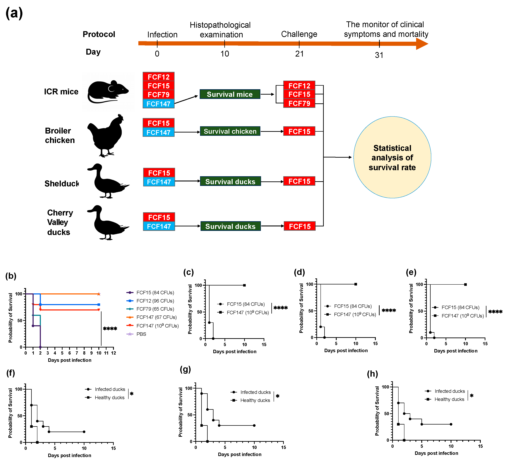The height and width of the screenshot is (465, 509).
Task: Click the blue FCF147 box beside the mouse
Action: [158, 104]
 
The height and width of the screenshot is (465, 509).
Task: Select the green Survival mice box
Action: [230, 94]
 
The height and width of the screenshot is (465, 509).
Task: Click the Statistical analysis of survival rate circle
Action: [392, 157]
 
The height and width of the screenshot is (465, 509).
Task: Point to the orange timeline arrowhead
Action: [422, 44]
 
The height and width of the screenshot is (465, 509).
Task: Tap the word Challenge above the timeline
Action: [299, 34]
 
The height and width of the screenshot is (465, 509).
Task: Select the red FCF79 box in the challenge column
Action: [299, 103]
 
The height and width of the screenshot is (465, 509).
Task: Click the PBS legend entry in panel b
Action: [141, 334]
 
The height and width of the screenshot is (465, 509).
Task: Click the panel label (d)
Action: [299, 272]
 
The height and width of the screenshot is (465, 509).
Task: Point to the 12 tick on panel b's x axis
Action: [114, 353]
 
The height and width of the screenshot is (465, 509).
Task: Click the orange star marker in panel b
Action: [99, 294]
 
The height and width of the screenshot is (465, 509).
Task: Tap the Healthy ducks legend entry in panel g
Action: [255, 400]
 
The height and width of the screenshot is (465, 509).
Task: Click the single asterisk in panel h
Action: [472, 396]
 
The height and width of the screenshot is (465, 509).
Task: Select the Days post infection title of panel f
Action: [69, 455]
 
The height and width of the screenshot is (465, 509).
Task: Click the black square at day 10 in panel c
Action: [244, 285]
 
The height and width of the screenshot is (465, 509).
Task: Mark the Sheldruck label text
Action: [62, 183]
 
